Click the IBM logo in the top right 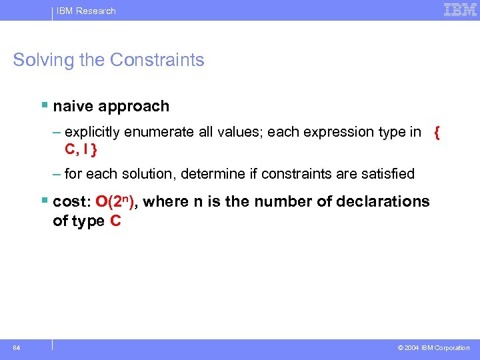pos(460,10)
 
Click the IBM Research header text pos(85,11)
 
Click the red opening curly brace pos(437,132)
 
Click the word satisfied pos(386,174)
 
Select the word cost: pos(73,202)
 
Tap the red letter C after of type pos(115,221)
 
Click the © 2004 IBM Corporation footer pos(433,348)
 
